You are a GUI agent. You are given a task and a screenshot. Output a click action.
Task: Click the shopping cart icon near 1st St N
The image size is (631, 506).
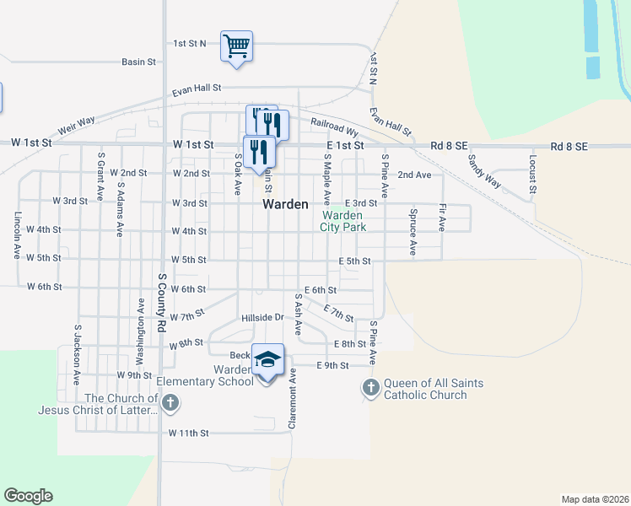(237, 46)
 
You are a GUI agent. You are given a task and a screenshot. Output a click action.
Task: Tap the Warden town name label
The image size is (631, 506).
(285, 204)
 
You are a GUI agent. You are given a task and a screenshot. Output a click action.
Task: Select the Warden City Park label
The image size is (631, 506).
(344, 221)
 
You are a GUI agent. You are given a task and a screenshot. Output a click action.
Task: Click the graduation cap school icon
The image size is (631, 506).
(267, 361)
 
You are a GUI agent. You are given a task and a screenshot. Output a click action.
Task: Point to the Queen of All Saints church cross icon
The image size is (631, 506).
(370, 388)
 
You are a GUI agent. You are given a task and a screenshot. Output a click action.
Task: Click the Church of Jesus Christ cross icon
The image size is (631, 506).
(170, 402)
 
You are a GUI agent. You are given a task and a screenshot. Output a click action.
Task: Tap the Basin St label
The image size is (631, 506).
(139, 62)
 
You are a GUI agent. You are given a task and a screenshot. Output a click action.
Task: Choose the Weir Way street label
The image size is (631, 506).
(78, 126)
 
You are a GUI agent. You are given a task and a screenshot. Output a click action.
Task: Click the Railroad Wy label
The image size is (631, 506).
(334, 127)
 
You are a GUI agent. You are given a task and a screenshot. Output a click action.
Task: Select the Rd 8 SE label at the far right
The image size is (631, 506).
(569, 146)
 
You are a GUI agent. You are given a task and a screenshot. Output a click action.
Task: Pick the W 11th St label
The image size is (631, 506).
(188, 433)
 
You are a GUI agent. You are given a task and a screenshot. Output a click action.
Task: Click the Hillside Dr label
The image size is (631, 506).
(264, 318)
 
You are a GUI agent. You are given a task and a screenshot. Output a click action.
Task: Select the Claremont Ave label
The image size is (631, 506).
(293, 400)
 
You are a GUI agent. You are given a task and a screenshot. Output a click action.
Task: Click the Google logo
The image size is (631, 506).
(28, 496)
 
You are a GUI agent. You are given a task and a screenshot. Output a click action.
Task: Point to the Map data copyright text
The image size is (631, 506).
(594, 499)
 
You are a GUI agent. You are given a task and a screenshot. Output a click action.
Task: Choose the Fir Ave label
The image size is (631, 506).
(442, 218)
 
